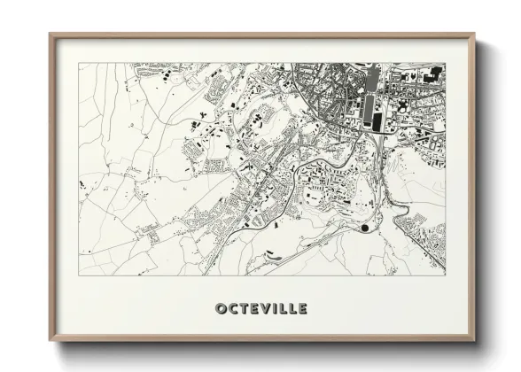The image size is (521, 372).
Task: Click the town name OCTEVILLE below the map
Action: point(261,308)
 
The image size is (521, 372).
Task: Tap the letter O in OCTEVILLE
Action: point(221,308)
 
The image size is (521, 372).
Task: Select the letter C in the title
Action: point(233,308)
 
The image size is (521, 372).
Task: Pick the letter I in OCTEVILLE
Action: point(277,308)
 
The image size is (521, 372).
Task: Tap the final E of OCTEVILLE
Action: point(303,308)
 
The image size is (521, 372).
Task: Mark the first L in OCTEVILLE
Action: point(284,308)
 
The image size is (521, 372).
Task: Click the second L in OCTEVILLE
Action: point(293,308)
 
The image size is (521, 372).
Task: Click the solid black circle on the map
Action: point(365,228)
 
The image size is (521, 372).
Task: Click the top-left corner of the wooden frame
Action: point(51,35)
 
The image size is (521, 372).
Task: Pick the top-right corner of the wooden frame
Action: point(474,35)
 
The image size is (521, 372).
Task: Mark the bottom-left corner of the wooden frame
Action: point(51,340)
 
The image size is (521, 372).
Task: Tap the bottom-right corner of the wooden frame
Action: point(474,340)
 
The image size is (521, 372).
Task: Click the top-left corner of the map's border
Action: point(79,63)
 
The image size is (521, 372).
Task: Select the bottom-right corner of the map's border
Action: point(446,275)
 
